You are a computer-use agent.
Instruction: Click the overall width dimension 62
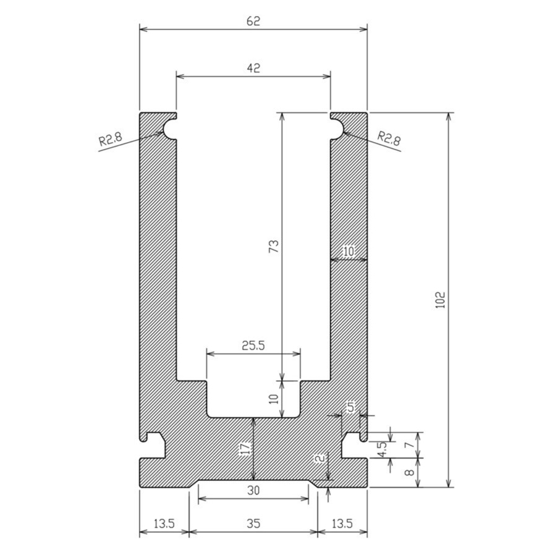[253, 20]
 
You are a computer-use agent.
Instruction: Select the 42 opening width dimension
[253, 68]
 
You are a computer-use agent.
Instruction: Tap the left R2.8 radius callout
[111, 139]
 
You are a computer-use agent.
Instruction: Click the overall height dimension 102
[440, 300]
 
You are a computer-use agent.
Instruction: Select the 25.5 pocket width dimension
[253, 346]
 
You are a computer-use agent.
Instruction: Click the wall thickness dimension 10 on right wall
[349, 251]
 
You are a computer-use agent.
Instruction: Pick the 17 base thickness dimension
[245, 449]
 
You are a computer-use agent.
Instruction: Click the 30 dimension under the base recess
[253, 491]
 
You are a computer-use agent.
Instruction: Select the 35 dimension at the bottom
[253, 523]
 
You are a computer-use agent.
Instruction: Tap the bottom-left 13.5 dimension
[163, 523]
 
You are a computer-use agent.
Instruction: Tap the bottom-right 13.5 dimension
[342, 523]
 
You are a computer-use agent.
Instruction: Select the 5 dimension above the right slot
[350, 407]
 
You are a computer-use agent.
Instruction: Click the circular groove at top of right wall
[336, 129]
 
